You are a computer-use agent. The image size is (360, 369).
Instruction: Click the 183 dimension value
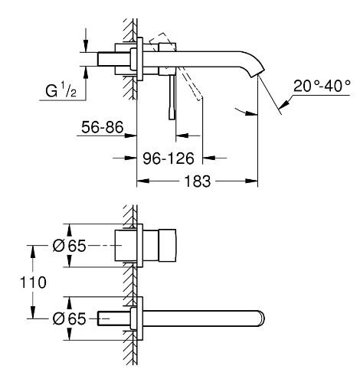[198, 181]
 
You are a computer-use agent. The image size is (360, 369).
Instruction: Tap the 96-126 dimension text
[169, 158]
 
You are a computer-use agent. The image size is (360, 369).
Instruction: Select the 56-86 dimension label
[102, 127]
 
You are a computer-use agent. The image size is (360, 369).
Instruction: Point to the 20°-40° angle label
[322, 86]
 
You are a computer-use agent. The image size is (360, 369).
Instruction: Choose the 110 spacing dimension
[33, 282]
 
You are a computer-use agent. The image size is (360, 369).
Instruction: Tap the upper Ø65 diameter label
[69, 246]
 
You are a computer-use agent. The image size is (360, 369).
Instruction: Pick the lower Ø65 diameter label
[69, 318]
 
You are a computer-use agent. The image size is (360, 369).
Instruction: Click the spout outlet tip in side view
[258, 74]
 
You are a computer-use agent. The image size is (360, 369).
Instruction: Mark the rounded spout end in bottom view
[261, 318]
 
